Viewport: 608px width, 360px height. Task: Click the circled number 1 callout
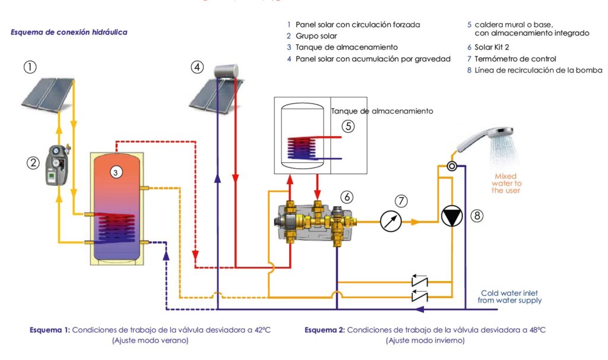point(30,67)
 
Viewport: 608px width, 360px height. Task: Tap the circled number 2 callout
point(33,161)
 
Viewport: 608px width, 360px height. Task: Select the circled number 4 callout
point(197,67)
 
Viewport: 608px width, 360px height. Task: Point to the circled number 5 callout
point(349,126)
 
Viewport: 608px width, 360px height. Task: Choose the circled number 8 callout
point(477,216)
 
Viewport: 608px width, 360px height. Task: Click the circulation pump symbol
point(452,217)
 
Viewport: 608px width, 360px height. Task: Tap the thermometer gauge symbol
point(391,222)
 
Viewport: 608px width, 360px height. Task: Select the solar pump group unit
point(58,165)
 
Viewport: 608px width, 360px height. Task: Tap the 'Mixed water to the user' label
point(505,183)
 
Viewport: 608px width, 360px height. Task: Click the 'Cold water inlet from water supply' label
point(509,296)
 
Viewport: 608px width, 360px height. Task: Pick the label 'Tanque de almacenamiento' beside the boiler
point(382,111)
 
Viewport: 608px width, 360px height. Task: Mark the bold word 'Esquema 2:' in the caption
point(324,330)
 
